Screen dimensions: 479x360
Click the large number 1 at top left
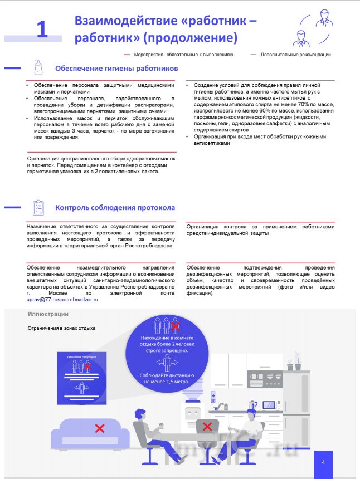(42, 30)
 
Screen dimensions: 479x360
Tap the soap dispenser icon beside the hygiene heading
(38, 68)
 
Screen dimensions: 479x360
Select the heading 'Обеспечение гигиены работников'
(116, 69)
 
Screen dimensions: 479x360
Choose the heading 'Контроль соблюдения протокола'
(115, 208)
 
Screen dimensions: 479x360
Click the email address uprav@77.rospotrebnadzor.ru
(62, 300)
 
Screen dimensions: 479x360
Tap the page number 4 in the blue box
(323, 461)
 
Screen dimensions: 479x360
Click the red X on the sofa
(100, 428)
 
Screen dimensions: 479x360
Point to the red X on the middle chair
(207, 427)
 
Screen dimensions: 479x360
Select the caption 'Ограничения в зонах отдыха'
(62, 328)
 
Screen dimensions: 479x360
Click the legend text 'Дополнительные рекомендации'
(295, 55)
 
